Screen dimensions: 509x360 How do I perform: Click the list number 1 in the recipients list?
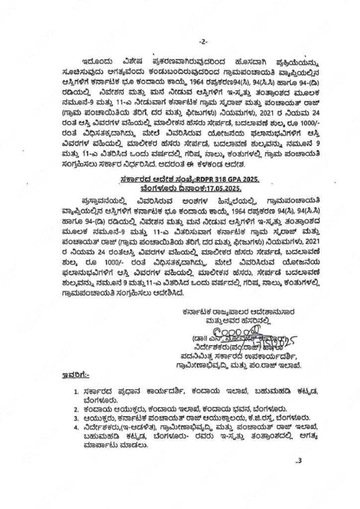76,392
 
